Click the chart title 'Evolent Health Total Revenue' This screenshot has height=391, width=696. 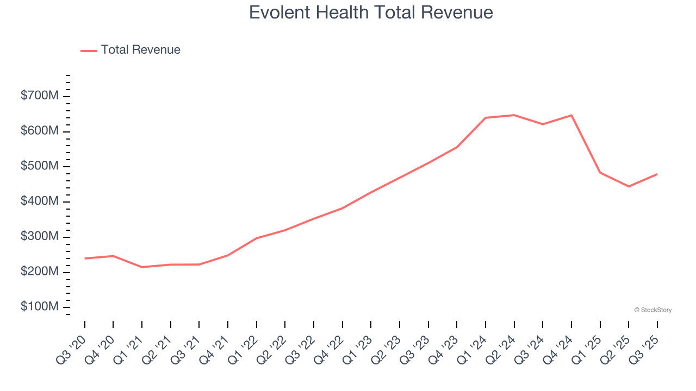click(x=371, y=12)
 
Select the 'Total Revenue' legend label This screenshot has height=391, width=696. click(x=140, y=50)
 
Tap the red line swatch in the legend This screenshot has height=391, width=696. click(x=89, y=51)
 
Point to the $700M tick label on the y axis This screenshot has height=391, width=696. click(x=40, y=96)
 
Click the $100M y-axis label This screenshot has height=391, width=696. click(x=40, y=307)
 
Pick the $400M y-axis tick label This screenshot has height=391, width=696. click(x=40, y=201)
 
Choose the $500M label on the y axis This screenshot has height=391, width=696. click(x=40, y=166)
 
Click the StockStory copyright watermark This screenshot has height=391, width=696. click(x=652, y=310)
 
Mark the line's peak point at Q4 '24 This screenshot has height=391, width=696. click(x=571, y=115)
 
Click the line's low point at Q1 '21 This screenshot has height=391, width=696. click(x=142, y=267)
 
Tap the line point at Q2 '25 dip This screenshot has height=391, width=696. click(x=629, y=186)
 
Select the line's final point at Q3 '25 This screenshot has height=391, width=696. click(x=657, y=174)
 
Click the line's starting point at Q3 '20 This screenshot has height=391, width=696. click(x=85, y=258)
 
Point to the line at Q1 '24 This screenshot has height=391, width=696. click(x=486, y=118)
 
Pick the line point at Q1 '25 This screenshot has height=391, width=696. click(x=600, y=173)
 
